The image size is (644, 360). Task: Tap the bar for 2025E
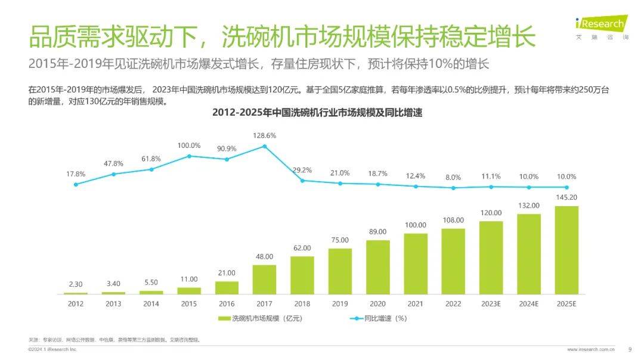click(566, 250)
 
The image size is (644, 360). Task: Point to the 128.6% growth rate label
click(264, 135)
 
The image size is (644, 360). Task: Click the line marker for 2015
click(189, 156)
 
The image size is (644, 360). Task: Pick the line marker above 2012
click(76, 184)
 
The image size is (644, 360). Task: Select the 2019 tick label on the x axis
click(340, 304)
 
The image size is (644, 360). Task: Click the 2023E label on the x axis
click(491, 304)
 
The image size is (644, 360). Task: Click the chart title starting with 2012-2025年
click(317, 113)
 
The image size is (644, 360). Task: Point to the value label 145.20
click(566, 197)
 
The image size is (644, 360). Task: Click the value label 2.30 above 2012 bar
click(76, 284)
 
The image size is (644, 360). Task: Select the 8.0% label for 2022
click(453, 177)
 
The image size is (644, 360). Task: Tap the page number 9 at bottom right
click(630, 349)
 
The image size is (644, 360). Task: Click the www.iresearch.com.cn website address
click(590, 349)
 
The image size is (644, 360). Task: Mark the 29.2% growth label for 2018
click(302, 170)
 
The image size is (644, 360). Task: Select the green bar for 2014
click(151, 292)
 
